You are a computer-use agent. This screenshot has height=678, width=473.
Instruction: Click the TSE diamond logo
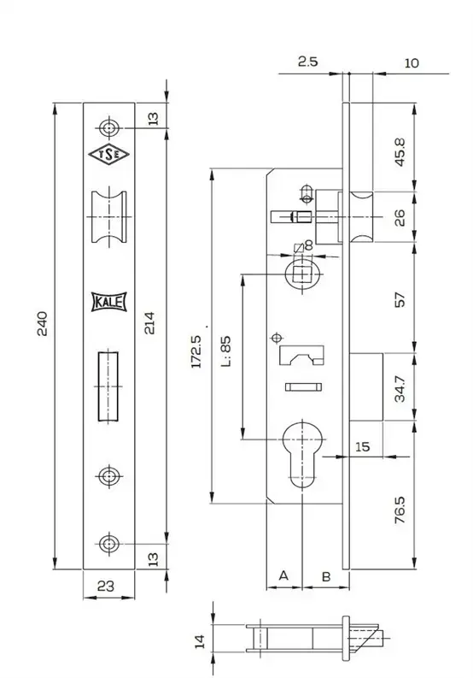pos(108,155)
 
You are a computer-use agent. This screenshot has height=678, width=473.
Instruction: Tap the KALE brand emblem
pos(108,302)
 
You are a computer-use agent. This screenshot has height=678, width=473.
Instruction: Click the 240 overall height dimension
pos(42,323)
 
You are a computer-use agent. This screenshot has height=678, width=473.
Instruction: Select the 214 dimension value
pos(149,323)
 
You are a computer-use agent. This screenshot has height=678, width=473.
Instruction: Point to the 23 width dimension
pos(105,586)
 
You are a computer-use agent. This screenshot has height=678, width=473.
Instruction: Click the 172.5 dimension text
pos(196,351)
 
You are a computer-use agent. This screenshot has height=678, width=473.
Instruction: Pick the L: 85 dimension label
pos(226,351)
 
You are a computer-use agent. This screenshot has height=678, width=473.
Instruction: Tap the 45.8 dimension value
pos(400,152)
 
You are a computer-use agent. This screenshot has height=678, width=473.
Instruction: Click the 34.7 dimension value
pos(400,389)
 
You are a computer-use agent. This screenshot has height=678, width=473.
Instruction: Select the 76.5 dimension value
pos(400,510)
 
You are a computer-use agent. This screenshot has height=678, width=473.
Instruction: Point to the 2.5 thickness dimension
pos(307,62)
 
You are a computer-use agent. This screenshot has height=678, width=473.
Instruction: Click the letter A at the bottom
pos(283,575)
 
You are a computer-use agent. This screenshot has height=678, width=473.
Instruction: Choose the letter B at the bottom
pos(326,576)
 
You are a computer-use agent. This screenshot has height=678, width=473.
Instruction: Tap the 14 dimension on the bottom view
pos(200,642)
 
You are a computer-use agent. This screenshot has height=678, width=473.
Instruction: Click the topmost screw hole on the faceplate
pos(108,128)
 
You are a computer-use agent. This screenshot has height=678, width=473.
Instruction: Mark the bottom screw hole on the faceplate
pos(108,544)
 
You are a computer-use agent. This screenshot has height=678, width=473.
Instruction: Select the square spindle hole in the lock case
pos(302,274)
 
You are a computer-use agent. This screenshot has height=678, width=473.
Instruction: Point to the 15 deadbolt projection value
pos(362,446)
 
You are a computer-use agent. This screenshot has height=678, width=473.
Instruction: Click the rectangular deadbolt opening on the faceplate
pos(108,386)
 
